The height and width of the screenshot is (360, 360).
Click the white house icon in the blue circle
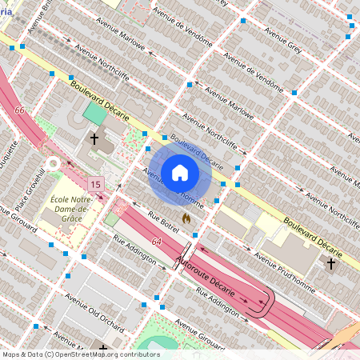point(179,172)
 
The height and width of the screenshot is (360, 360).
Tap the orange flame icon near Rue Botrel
point(186,217)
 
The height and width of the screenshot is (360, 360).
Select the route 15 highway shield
point(96,185)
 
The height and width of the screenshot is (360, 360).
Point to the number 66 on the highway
point(19,110)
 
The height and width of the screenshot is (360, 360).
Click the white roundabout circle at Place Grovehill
point(54,164)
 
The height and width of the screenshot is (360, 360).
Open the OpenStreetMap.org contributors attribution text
point(81,354)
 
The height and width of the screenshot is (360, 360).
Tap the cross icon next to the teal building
point(94,139)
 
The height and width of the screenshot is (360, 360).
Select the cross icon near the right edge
point(330,263)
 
